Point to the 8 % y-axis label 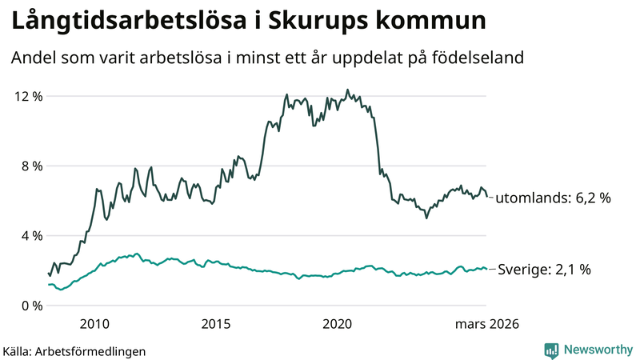(30, 166)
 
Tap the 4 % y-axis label (30, 235)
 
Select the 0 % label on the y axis (30, 305)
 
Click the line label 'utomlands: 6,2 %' (553, 198)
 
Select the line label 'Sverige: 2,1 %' (544, 270)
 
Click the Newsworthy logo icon (551, 350)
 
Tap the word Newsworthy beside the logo (596, 350)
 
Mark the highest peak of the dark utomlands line (346, 90)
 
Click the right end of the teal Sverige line (486, 269)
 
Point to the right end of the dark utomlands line (486, 197)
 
